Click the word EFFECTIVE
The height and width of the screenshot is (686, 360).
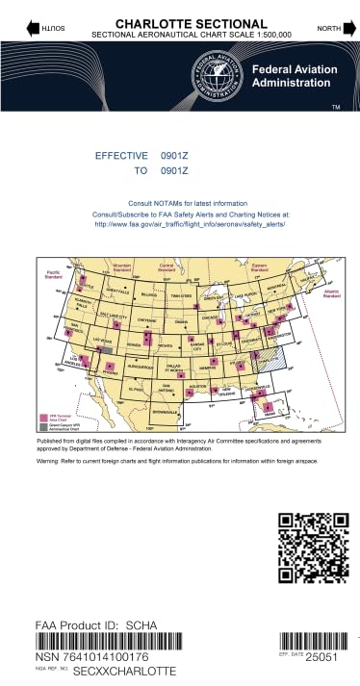[121, 155]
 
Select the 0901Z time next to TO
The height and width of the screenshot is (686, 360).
[173, 170]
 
